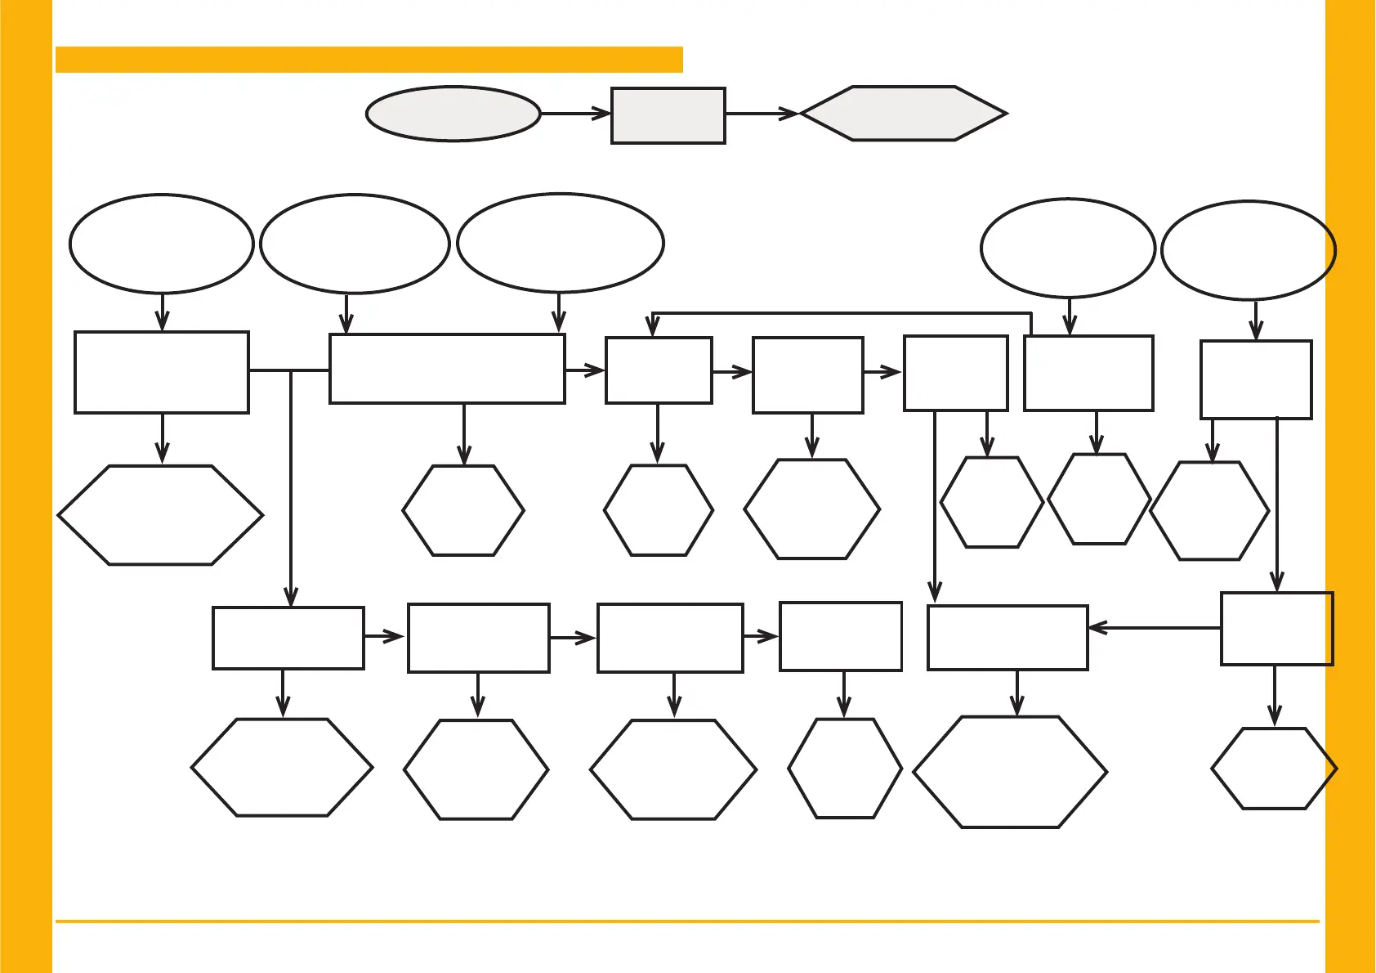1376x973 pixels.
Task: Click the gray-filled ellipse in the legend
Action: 453,114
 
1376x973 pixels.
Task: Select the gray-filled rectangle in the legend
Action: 668,116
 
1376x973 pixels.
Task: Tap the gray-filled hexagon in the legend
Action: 904,114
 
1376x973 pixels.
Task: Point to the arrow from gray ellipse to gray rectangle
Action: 575,114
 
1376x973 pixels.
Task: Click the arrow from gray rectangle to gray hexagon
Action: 762,114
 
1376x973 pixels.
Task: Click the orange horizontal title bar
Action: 369,60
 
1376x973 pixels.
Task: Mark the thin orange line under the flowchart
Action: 686,921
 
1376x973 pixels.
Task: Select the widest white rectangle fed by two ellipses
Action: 447,369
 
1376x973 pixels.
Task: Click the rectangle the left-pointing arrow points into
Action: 1007,638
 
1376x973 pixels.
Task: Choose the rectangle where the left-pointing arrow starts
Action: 1276,629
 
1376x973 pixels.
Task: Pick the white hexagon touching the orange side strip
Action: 1273,769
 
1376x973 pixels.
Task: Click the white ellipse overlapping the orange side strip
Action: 1248,250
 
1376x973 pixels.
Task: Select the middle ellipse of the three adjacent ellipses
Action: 355,244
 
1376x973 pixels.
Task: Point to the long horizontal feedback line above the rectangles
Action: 842,313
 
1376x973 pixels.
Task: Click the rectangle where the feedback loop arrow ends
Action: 659,370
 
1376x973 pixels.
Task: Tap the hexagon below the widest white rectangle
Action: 463,511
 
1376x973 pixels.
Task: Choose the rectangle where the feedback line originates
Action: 1088,373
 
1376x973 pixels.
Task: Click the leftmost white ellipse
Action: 162,244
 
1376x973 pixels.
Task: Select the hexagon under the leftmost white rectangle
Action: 160,515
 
